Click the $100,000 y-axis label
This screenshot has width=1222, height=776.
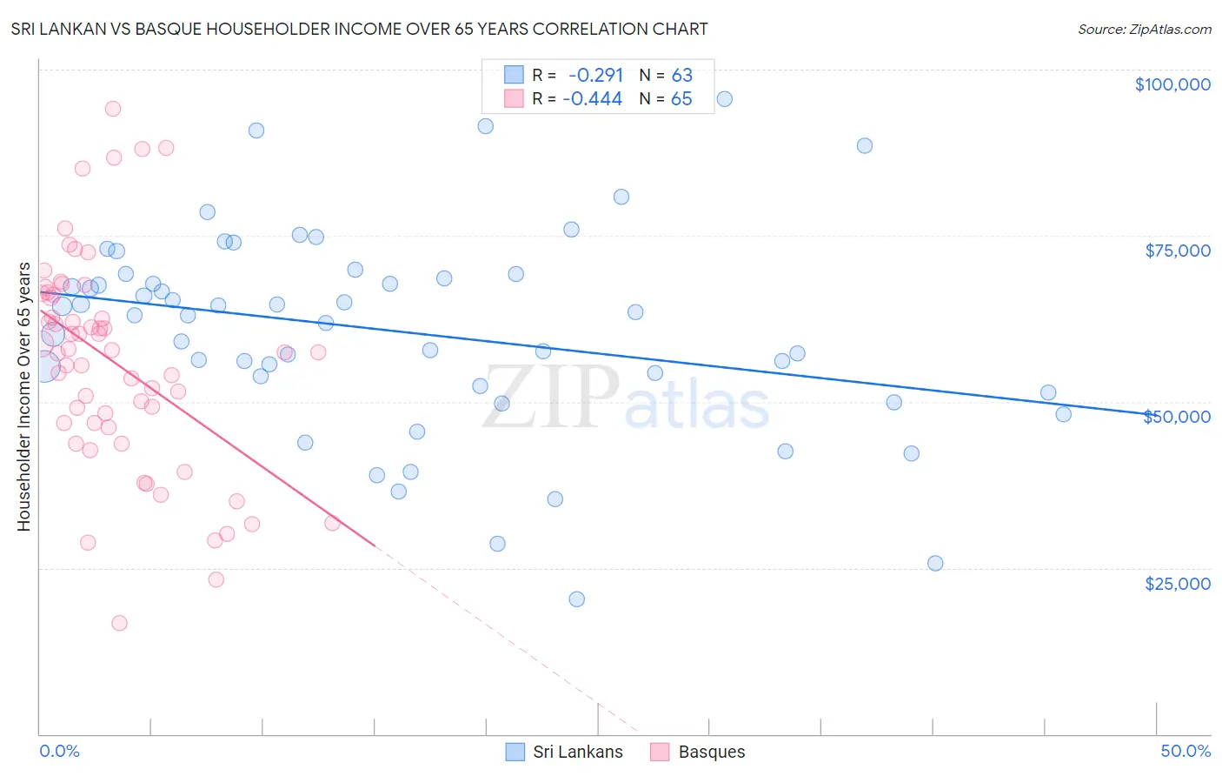(1172, 84)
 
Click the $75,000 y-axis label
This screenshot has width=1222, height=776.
(1178, 251)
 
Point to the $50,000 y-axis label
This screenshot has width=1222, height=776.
(1178, 417)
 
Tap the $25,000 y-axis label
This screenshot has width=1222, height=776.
(1178, 584)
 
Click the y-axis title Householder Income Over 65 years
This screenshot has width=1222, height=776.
(24, 397)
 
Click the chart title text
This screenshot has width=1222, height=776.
(359, 29)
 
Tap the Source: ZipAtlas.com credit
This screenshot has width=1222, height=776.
(1144, 29)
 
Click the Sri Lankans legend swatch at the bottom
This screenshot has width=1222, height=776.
(515, 752)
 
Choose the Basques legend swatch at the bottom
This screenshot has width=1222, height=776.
(661, 752)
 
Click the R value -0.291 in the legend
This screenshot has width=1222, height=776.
(595, 76)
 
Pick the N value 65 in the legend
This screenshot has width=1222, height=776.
(681, 99)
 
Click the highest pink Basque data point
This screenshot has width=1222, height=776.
(113, 109)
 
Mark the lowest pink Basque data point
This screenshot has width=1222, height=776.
(119, 623)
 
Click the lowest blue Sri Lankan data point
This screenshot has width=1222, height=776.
(576, 599)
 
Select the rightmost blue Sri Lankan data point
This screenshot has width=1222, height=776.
(1064, 414)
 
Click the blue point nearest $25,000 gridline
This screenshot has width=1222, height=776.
(935, 563)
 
